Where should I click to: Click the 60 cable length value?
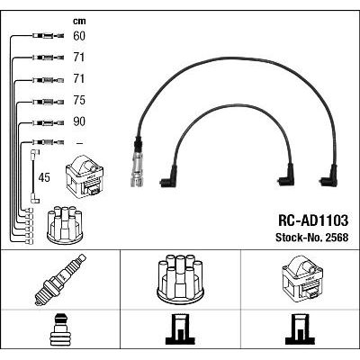point(79,36)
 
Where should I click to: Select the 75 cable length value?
point(79,100)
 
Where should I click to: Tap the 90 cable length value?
point(79,121)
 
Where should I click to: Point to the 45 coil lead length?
point(44,177)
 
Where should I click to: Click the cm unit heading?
point(79,21)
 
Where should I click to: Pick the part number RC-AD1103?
point(313,220)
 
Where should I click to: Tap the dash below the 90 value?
point(79,143)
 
